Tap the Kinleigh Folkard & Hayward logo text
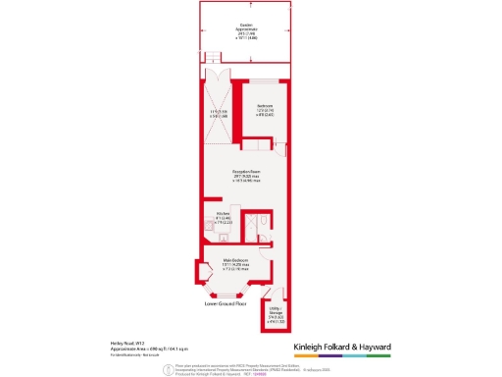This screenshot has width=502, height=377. [343, 348]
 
